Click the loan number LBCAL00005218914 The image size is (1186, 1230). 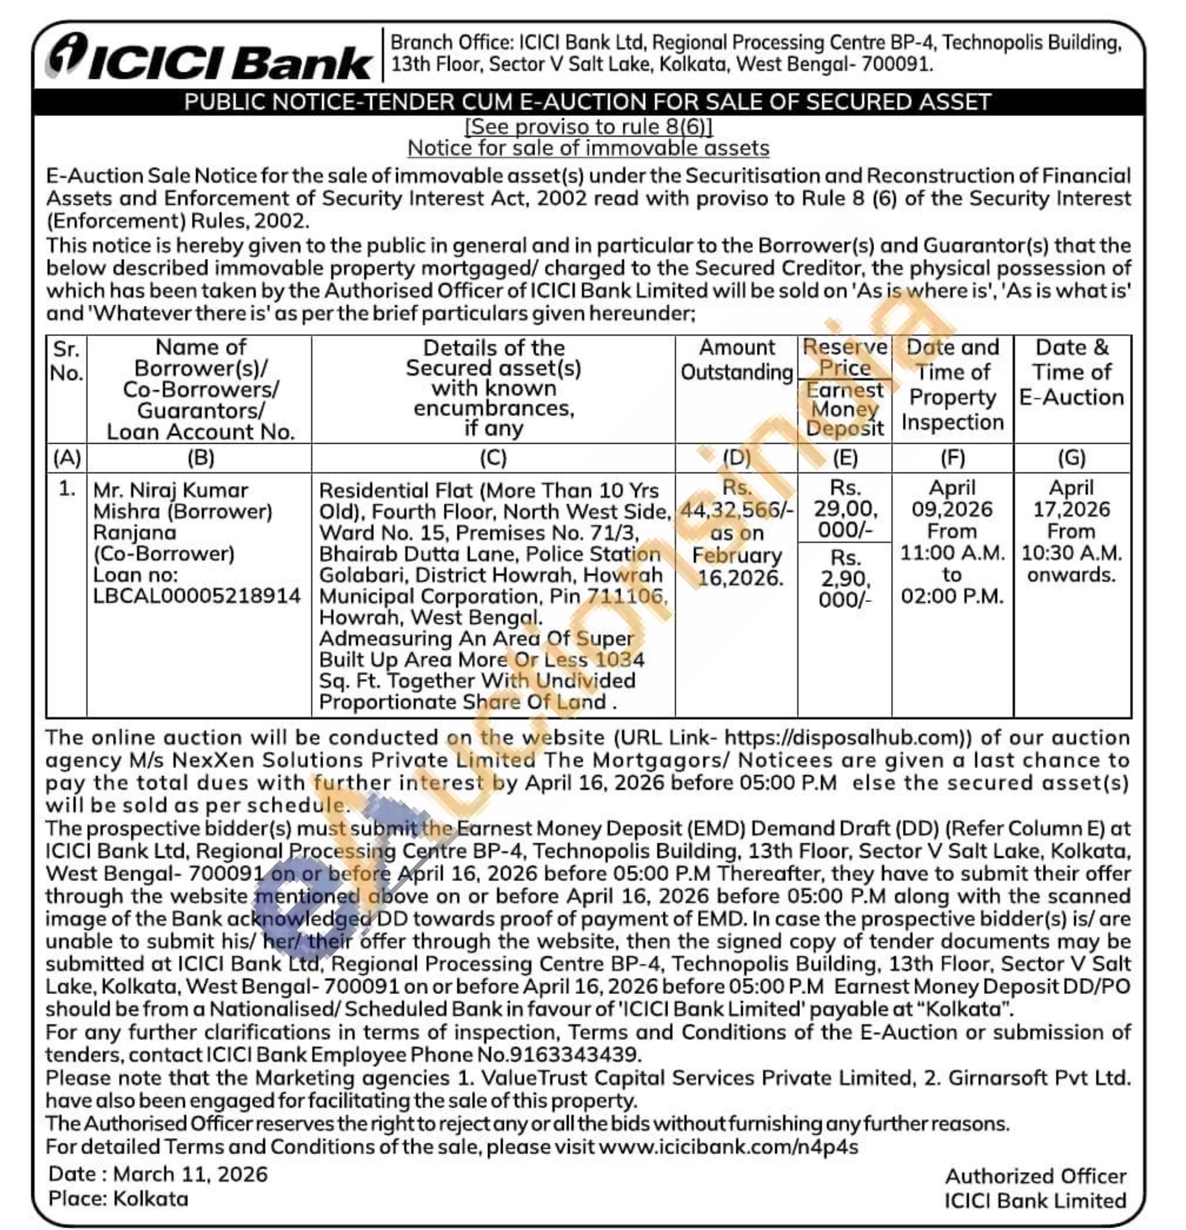pos(197,596)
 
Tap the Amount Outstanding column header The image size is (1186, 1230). pos(737,360)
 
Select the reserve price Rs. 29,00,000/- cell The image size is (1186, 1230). pos(844,508)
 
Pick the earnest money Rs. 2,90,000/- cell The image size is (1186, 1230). pos(844,579)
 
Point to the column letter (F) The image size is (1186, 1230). pos(952,458)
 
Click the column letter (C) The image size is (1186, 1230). pos(493,458)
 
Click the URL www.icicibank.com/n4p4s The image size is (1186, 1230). pos(728,1147)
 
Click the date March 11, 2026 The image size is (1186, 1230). pos(190,1174)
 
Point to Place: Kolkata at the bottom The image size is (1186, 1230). pos(119,1199)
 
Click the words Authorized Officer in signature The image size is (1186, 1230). pos(1036,1176)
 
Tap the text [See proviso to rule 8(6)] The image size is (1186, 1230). pos(589,127)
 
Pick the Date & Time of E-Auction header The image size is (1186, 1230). pos(1071,372)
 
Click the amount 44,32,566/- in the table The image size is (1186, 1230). pos(737,510)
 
